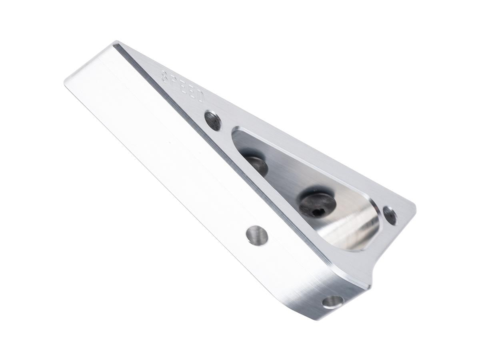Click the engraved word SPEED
pyautogui.click(x=182, y=88)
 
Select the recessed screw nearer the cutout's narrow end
pyautogui.click(x=256, y=164)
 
